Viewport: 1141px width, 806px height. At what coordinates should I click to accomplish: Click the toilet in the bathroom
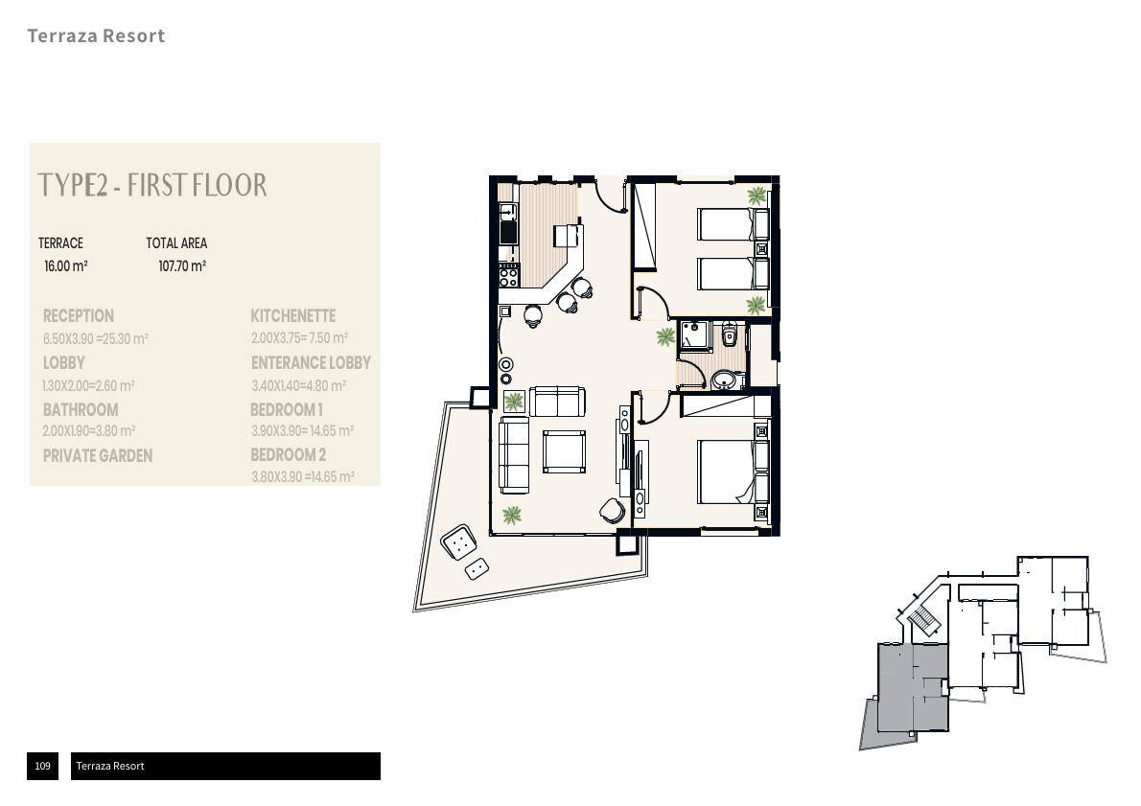click(x=731, y=334)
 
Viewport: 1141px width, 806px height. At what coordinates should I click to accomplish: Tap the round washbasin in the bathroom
click(x=725, y=380)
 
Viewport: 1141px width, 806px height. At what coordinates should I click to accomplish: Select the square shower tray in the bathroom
click(x=692, y=337)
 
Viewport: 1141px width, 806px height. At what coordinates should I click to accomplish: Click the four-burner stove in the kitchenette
click(x=509, y=276)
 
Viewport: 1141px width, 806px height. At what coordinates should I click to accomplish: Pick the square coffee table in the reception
click(x=565, y=451)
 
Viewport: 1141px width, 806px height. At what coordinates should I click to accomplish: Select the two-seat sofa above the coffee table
click(x=556, y=402)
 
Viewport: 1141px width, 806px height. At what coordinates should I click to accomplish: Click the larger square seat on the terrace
click(x=459, y=543)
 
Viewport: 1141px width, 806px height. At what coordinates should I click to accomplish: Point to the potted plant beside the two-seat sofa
click(x=514, y=401)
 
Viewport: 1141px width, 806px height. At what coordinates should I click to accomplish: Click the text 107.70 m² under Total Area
click(x=182, y=265)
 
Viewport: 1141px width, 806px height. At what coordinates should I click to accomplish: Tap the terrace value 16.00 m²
click(x=66, y=265)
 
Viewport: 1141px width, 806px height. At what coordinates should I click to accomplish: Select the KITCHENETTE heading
click(x=292, y=315)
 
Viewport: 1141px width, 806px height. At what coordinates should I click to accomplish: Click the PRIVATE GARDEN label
click(x=98, y=456)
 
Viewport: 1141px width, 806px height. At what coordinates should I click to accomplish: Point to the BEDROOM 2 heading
click(x=289, y=454)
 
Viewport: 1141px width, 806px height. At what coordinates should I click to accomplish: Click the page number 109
click(x=42, y=766)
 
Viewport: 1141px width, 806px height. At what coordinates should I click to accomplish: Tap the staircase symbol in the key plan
click(x=921, y=619)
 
